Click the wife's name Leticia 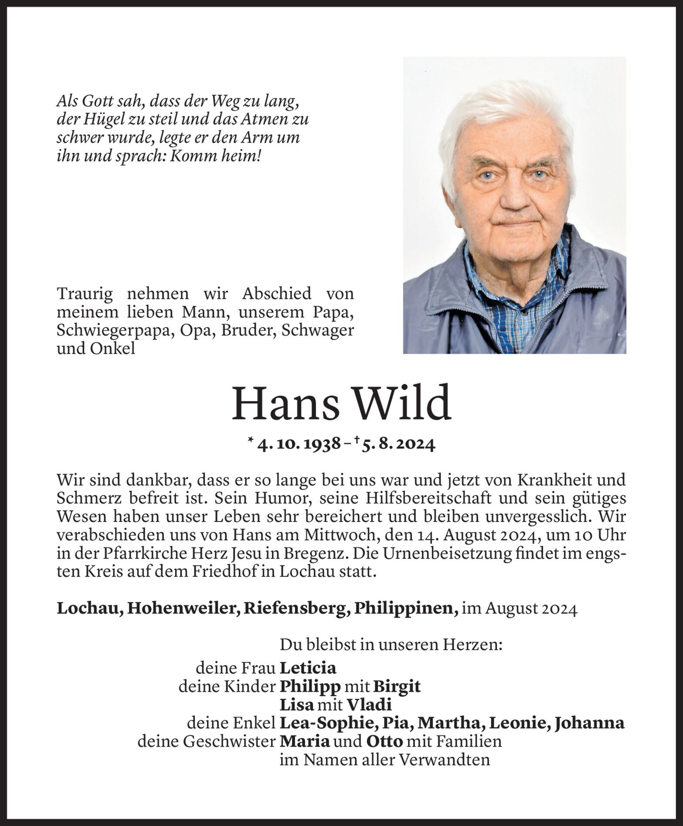point(308,668)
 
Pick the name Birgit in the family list point(397,687)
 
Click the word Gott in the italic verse point(98,102)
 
